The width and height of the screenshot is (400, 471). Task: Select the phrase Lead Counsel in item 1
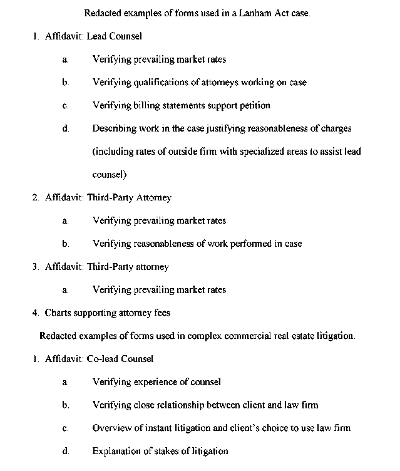tap(115, 36)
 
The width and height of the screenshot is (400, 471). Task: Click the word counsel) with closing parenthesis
tap(110, 174)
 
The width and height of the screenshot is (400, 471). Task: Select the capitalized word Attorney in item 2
tap(153, 197)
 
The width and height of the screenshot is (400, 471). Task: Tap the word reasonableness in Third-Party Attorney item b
tap(165, 244)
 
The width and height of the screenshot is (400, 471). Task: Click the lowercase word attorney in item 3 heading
tap(152, 267)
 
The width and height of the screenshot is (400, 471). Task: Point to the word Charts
tap(58, 313)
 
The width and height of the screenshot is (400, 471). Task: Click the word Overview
tap(112, 428)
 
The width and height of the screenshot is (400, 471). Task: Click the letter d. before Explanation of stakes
tap(66, 451)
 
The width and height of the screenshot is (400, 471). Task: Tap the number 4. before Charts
tap(36, 313)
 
